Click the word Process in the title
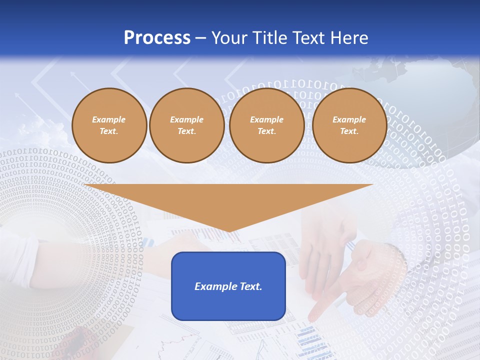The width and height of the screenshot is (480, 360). coord(157,38)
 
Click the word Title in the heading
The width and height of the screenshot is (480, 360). coord(268,38)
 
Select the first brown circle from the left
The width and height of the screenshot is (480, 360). coord(109,125)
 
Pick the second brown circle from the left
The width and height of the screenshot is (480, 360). coord(186,125)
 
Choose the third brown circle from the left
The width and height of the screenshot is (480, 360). coord(266,125)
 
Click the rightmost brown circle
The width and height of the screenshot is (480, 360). coord(349,125)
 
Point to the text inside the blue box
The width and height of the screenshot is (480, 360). coord(228,286)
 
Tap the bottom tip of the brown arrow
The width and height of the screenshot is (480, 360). coord(229,231)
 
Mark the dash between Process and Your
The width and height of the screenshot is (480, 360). coord(200,38)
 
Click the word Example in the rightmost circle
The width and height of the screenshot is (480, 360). coord(349,119)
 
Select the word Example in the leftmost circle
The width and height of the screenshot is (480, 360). coord(109,119)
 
